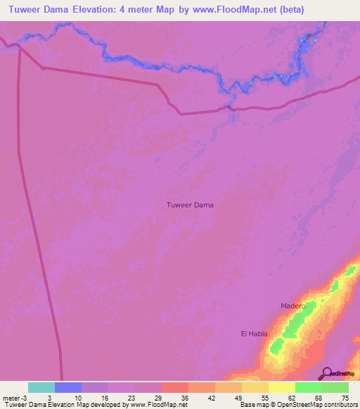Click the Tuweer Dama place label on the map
[190, 205]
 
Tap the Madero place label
[293, 306]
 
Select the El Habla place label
[254, 333]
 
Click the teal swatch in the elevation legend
[41, 387]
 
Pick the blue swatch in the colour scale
[68, 387]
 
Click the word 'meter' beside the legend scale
[11, 397]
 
